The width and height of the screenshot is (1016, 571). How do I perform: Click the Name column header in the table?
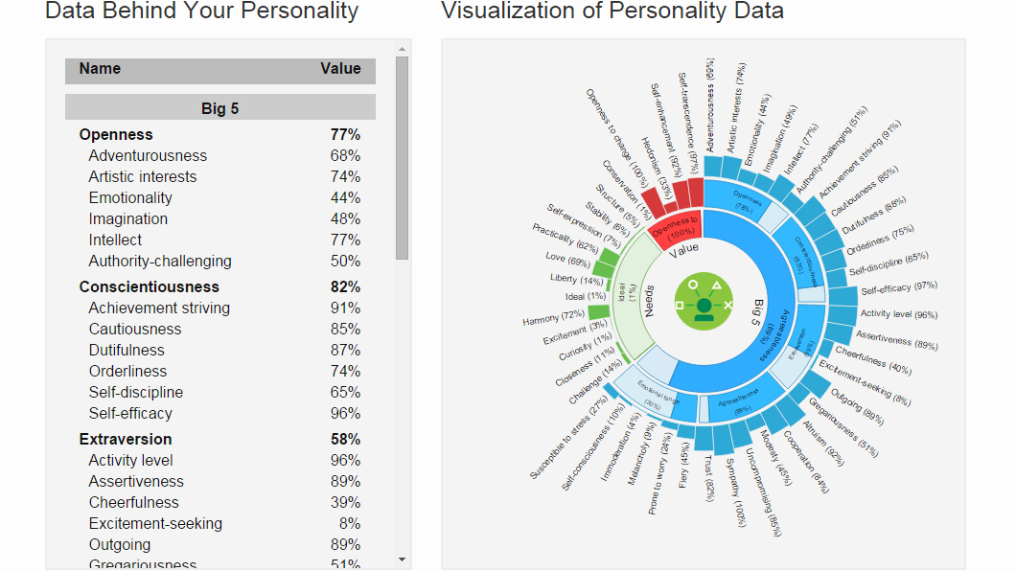coord(100,69)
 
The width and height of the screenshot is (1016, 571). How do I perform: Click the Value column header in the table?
coord(340,69)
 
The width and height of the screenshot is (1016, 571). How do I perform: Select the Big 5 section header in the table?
coord(219,108)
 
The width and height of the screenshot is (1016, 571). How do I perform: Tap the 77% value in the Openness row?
coord(345,134)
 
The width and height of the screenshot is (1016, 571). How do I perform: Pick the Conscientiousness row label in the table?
coord(149,286)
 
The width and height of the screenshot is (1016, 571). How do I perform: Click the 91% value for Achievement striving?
coord(345,308)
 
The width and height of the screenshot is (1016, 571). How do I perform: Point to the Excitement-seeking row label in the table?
coord(155,523)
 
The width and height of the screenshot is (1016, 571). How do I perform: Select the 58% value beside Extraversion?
coord(345,439)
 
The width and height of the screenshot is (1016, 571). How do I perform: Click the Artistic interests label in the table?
coord(143,176)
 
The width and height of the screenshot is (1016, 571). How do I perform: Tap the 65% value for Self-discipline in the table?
coord(345,392)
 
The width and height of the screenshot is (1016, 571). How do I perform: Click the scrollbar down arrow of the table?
coord(402,560)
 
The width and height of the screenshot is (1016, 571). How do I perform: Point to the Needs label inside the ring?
coord(649,299)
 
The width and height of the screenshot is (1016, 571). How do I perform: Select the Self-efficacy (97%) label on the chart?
coord(898,288)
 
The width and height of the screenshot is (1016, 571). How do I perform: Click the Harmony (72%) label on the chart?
coord(553,317)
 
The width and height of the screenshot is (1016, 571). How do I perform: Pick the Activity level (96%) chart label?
coord(898,314)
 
